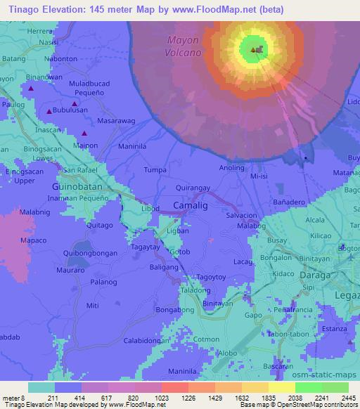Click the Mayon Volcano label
point(184,46)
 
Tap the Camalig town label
point(188,204)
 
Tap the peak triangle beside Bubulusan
point(49,112)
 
